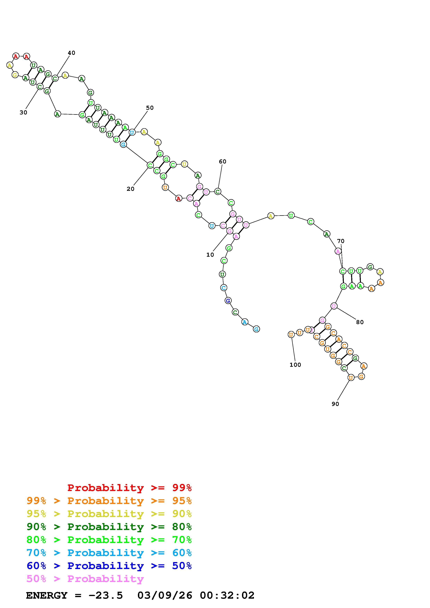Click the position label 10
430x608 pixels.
(210, 255)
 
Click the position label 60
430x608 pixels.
(223, 162)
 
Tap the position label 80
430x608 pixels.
(360, 322)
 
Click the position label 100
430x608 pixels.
(295, 365)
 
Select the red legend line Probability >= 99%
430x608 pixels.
(130, 488)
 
